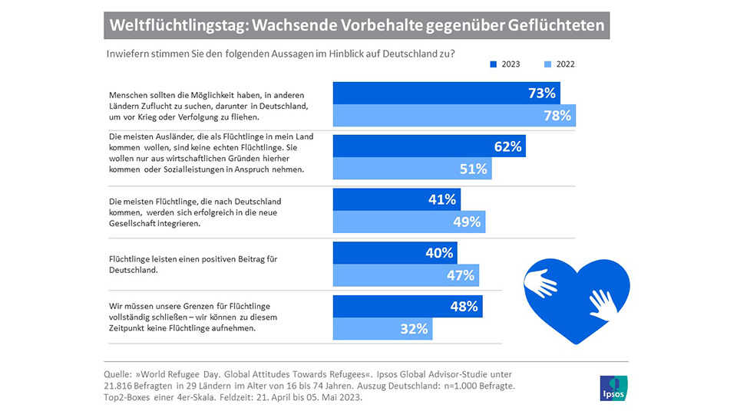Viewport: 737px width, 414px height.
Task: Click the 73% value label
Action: pyautogui.click(x=542, y=93)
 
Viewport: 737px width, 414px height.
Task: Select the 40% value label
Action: pyautogui.click(x=439, y=252)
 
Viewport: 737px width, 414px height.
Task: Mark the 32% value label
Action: pyautogui.click(x=414, y=329)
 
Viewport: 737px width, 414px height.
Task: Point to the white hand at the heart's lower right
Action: pyautogui.click(x=603, y=304)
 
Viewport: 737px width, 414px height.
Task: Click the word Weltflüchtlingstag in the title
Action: pyautogui.click(x=176, y=25)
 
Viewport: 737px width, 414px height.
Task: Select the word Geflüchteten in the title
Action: pyautogui.click(x=557, y=25)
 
